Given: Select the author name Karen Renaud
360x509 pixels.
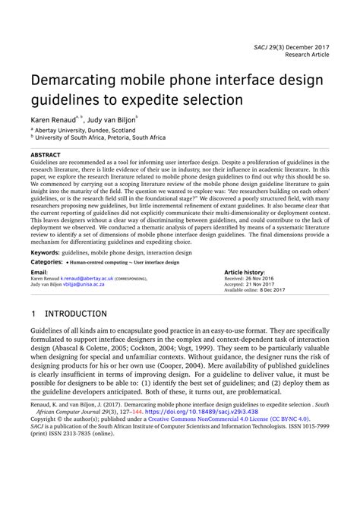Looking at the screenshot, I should point(51,120).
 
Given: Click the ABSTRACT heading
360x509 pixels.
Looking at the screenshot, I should point(46,154).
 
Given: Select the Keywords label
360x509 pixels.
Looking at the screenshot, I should point(44,251).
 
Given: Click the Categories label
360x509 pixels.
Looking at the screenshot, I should point(46,261).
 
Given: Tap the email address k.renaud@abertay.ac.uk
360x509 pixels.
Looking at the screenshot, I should point(87,279).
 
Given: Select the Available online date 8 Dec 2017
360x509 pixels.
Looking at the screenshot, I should point(272,290).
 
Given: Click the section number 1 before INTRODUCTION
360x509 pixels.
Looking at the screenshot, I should point(33,313).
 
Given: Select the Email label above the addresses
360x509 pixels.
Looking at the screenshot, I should point(38,272).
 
